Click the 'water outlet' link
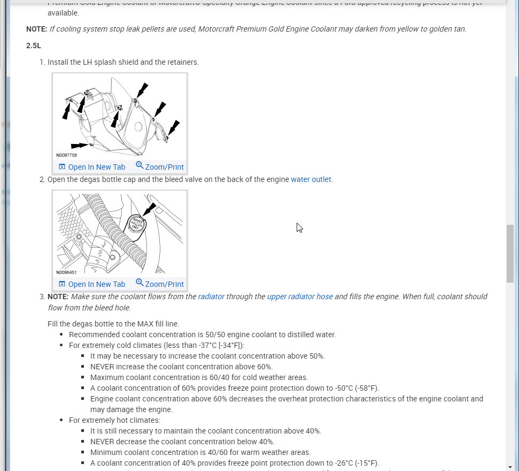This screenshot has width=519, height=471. [311, 179]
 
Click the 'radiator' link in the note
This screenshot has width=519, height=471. [211, 297]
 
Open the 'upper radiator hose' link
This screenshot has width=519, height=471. [300, 297]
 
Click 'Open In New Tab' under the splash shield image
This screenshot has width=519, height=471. [91, 167]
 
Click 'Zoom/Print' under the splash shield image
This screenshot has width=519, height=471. [159, 167]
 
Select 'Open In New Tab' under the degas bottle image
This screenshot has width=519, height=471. [91, 284]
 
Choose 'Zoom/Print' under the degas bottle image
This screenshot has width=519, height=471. [159, 284]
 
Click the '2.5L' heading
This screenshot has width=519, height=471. [34, 46]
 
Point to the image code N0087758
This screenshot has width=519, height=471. [67, 156]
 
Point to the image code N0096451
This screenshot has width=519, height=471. [67, 272]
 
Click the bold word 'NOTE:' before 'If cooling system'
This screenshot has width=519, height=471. [37, 29]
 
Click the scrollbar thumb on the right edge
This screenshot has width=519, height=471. [510, 253]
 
